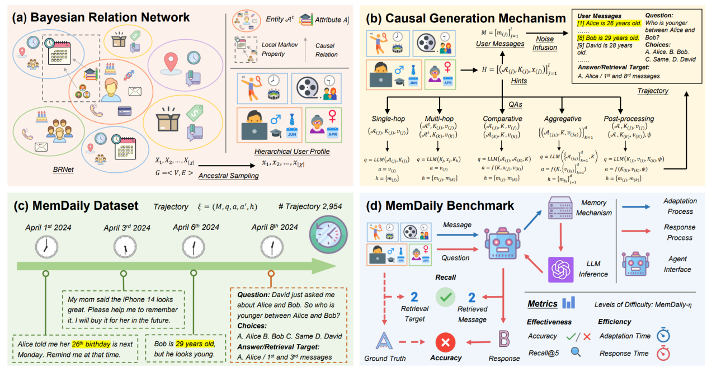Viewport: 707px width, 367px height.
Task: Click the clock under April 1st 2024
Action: (47, 247)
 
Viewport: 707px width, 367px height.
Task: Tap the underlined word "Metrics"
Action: (542, 304)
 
